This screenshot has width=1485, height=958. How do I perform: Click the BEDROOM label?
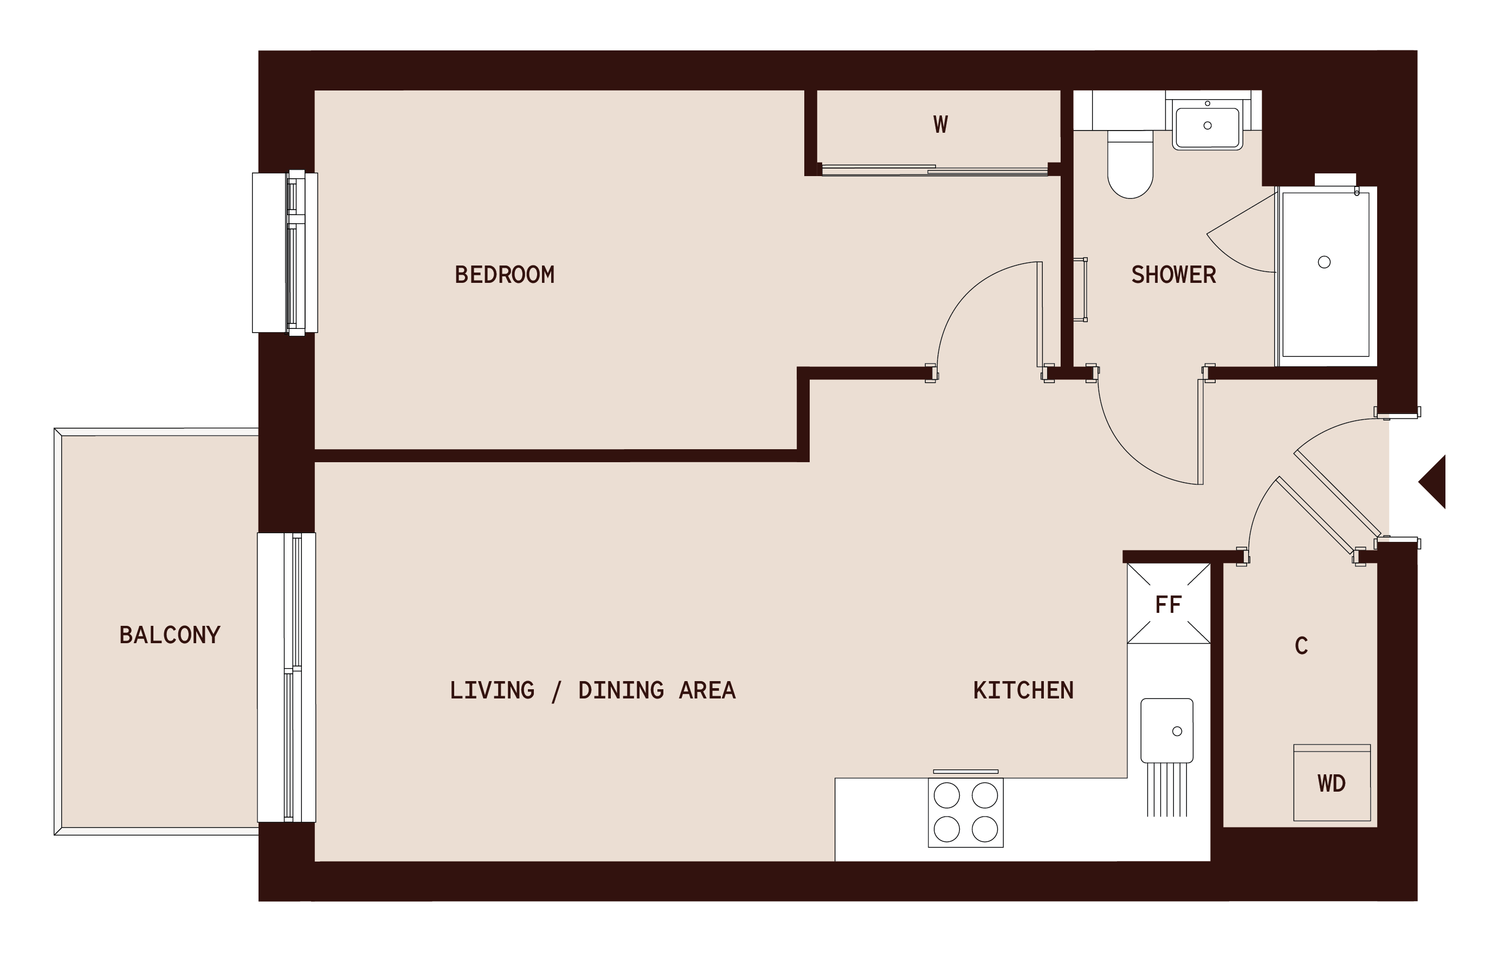(504, 275)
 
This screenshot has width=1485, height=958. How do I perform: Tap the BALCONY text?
(169, 635)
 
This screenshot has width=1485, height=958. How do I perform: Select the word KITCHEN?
(1023, 690)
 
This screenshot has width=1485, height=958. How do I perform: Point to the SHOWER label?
(1173, 275)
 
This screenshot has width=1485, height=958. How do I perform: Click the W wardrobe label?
(940, 125)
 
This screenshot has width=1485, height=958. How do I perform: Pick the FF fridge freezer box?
(1168, 604)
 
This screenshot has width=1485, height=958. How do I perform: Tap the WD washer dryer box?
(1331, 783)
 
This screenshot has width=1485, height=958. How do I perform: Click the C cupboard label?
(1301, 646)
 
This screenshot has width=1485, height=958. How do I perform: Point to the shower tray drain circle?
(1324, 262)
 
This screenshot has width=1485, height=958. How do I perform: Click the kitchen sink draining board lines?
(1166, 789)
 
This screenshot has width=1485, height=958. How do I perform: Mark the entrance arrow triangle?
(1434, 482)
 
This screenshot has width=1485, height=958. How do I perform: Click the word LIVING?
(492, 690)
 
